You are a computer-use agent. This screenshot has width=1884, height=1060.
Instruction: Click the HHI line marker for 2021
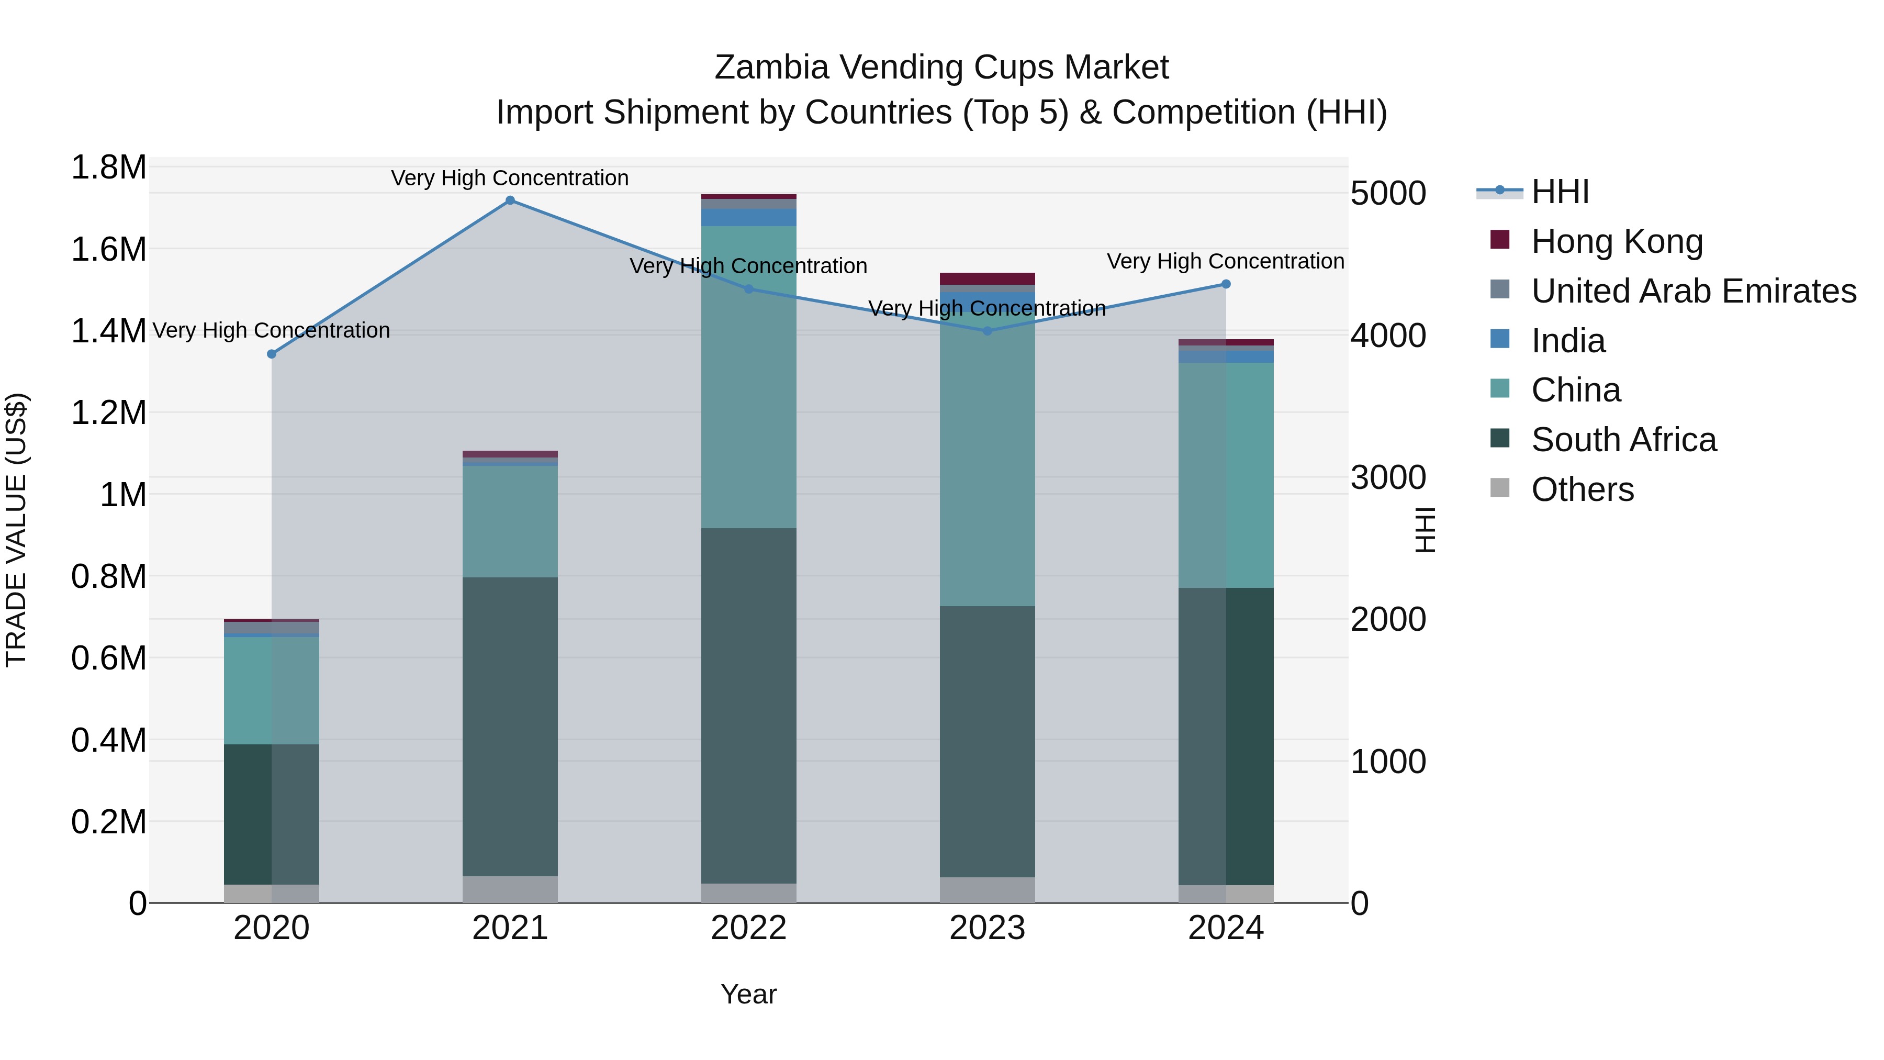tap(510, 200)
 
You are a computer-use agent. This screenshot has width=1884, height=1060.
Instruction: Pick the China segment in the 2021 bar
tap(510, 521)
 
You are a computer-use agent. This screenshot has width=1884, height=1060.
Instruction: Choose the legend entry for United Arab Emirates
tap(1693, 291)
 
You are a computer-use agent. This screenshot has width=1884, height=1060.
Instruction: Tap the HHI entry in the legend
tap(1560, 192)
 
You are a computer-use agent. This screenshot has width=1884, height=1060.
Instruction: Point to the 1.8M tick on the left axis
tap(108, 168)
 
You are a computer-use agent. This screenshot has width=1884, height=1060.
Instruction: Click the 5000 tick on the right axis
tap(1387, 193)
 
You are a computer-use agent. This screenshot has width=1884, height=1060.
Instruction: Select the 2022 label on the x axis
tap(748, 928)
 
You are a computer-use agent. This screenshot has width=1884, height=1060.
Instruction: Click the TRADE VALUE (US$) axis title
tap(16, 530)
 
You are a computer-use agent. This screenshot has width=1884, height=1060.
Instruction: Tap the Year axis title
tap(748, 994)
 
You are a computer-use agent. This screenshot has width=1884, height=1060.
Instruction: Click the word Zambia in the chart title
tap(771, 68)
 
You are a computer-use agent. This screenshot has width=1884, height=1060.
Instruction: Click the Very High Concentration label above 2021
tap(510, 178)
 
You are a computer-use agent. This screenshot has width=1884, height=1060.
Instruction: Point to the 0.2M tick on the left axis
tap(108, 821)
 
